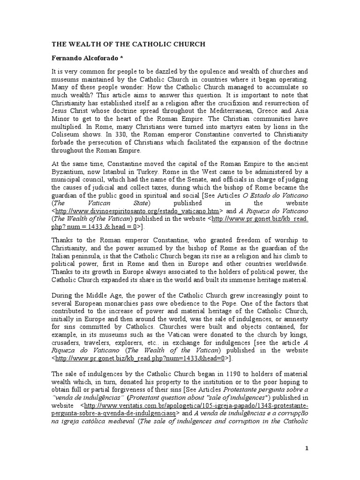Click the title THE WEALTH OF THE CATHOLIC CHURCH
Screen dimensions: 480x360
(x=129, y=45)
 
